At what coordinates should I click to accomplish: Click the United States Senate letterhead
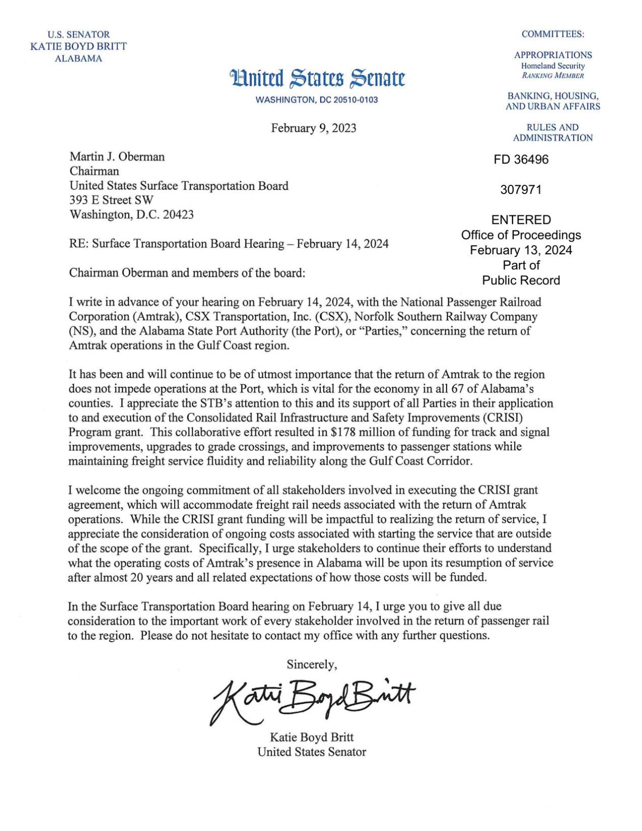tap(317, 79)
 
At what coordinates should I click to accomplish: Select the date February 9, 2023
tap(313, 128)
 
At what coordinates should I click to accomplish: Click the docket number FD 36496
tap(521, 159)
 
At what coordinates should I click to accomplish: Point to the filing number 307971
tap(521, 190)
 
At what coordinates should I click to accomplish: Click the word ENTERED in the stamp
tap(521, 220)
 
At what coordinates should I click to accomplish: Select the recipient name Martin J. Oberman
tap(117, 156)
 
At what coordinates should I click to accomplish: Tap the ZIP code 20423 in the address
tap(178, 215)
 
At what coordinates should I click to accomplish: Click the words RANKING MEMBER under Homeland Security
tap(553, 76)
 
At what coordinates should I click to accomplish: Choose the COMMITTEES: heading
tap(553, 34)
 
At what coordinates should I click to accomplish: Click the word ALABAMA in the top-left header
tap(78, 58)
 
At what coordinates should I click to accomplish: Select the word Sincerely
tap(312, 664)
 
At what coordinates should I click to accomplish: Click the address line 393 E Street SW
tap(111, 200)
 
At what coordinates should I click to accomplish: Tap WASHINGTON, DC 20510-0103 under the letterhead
tap(317, 100)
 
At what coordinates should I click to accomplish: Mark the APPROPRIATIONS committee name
tap(553, 55)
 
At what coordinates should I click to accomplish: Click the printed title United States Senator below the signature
tap(312, 752)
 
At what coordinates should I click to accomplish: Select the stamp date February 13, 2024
tap(521, 250)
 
